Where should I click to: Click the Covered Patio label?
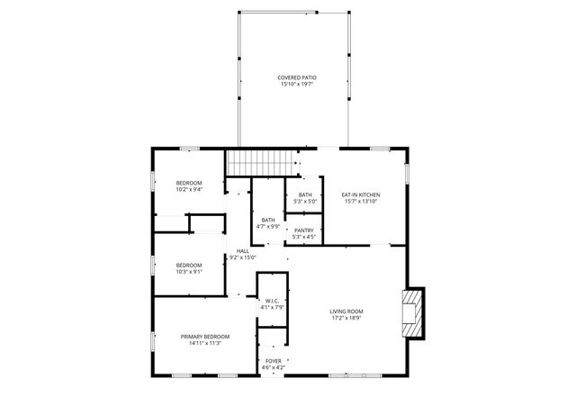296,77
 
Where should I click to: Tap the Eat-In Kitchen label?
359,194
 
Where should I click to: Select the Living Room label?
346,311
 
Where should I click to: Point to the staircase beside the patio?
261,164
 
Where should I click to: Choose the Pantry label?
304,230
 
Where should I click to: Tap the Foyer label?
273,361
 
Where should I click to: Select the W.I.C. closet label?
273,301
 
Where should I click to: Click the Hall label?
243,251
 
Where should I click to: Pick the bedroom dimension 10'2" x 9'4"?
188,190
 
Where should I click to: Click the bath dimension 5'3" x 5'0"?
305,202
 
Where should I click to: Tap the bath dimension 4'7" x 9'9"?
268,227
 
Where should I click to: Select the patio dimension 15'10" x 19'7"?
296,85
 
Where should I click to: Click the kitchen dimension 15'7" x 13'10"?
359,202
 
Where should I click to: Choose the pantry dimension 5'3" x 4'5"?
304,238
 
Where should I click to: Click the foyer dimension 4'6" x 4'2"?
273,367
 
